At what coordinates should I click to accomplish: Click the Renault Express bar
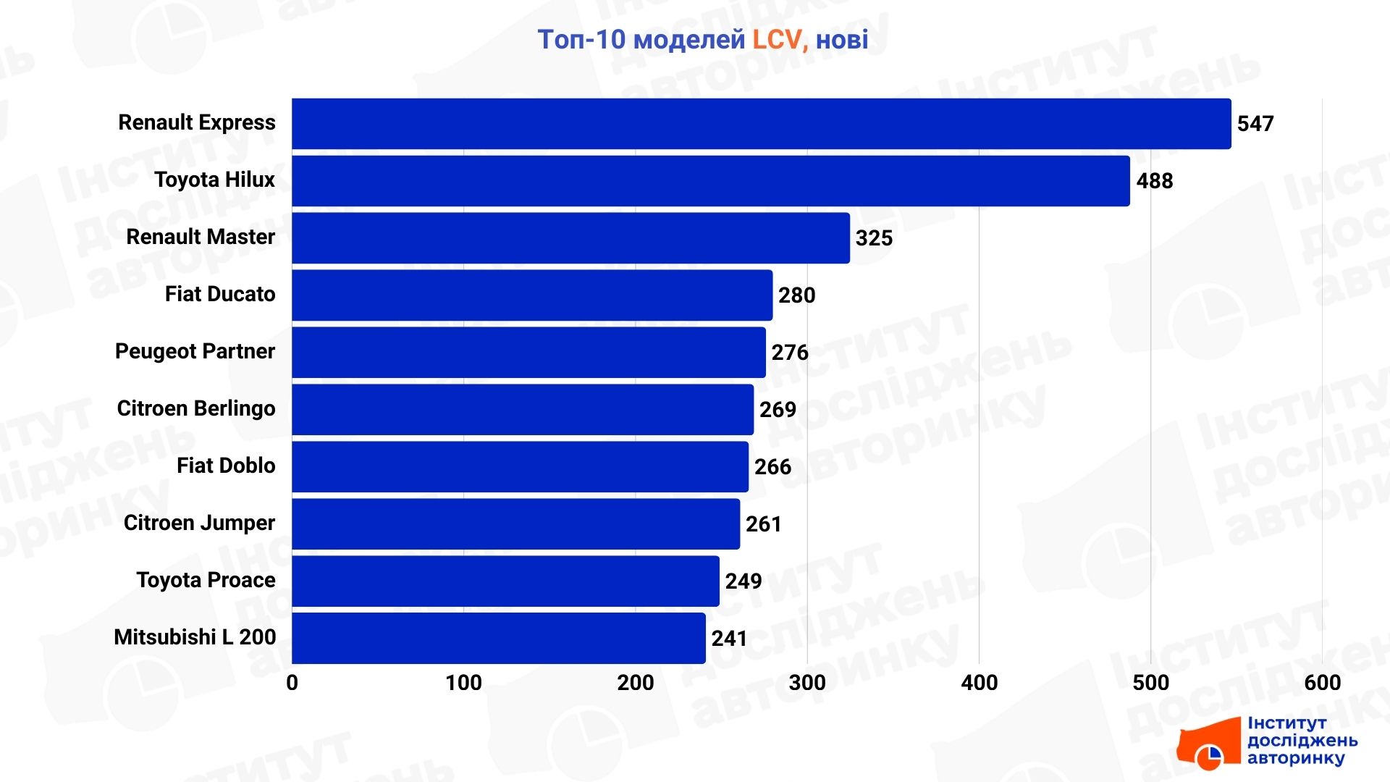[x=760, y=124]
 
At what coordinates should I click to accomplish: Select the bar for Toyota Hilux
[x=709, y=181]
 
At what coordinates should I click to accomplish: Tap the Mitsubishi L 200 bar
[x=498, y=638]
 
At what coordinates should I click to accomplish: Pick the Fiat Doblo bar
[x=520, y=466]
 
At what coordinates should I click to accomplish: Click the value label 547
[x=1255, y=124]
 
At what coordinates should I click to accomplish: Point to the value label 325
[x=874, y=238]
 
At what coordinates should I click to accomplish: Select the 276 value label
[x=789, y=353]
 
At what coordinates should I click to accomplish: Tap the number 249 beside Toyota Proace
[x=744, y=581]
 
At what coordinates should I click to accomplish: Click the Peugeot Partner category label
[x=195, y=351]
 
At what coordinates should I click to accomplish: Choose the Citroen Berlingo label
[x=196, y=408]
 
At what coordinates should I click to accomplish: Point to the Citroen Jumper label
[x=199, y=523]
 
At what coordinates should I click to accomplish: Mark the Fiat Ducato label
[x=220, y=294]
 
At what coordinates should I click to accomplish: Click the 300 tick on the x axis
[x=807, y=683]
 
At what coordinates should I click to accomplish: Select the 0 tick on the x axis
[x=292, y=683]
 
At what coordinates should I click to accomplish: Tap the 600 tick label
[x=1322, y=683]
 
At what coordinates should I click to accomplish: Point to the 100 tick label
[x=463, y=683]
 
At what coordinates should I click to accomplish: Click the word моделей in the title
[x=688, y=40]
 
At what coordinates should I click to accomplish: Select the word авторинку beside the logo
[x=1296, y=759]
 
